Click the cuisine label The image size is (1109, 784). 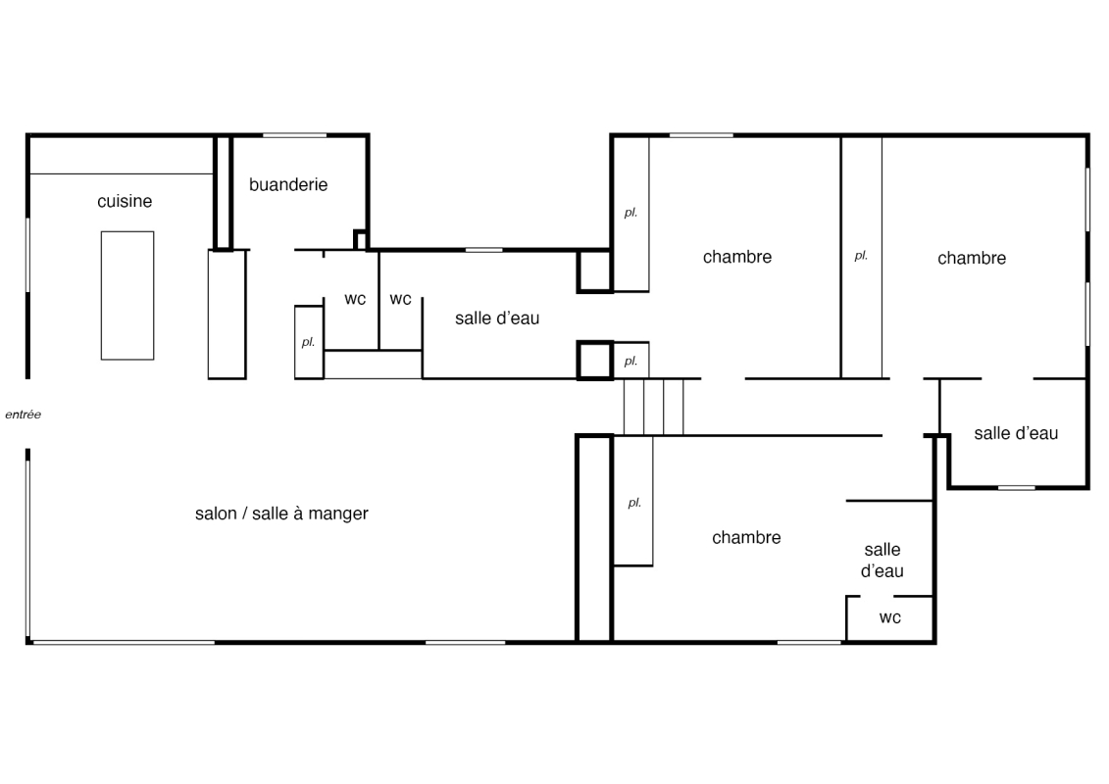[x=125, y=202]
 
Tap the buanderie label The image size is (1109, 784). [x=288, y=185]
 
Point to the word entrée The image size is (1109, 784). [x=24, y=415]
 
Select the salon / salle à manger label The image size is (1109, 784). [x=281, y=514]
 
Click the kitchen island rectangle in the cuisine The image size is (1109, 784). [x=127, y=296]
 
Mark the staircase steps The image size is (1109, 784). [x=653, y=407]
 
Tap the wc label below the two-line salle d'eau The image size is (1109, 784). [x=889, y=617]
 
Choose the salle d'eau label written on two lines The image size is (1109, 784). [x=882, y=560]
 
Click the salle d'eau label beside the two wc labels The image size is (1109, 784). [x=497, y=318]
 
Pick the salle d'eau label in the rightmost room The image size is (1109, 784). [x=1016, y=433]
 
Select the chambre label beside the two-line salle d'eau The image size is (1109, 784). [x=746, y=537]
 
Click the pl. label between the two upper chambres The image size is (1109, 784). [x=861, y=256]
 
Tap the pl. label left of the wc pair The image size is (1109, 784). [x=308, y=342]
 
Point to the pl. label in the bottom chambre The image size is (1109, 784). [x=634, y=503]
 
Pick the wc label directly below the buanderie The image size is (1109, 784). [x=355, y=299]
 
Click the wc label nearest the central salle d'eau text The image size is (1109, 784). [x=400, y=299]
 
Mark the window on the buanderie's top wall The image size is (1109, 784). [x=295, y=135]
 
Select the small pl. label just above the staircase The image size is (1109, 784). [x=630, y=362]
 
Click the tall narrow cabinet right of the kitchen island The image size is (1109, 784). [x=227, y=315]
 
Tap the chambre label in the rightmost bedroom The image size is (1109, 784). [x=972, y=258]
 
